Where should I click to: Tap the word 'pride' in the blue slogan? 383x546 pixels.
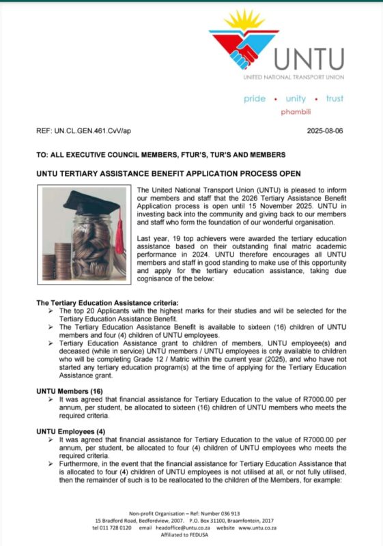[255, 99]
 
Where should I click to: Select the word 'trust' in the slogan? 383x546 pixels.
[335, 99]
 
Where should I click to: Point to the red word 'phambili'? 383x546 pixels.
[296, 112]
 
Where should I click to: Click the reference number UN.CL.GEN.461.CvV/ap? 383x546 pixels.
[84, 131]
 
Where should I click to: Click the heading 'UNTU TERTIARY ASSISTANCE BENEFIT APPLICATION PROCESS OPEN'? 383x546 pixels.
[168, 174]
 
